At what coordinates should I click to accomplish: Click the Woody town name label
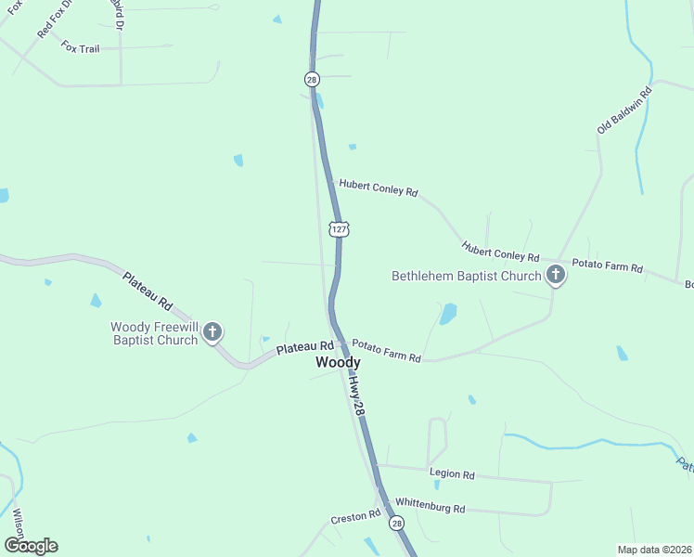[338, 363]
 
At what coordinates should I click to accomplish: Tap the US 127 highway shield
[339, 228]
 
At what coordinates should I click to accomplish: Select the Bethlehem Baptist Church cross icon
[555, 275]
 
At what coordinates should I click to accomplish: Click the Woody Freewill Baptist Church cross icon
[212, 331]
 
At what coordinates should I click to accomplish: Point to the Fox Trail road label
[80, 47]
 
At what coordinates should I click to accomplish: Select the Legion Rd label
[453, 474]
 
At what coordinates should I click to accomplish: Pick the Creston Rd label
[355, 515]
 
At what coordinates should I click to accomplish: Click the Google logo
[31, 546]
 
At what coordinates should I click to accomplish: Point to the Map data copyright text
[654, 550]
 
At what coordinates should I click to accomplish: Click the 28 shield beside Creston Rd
[397, 524]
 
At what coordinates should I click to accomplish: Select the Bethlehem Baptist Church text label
[466, 276]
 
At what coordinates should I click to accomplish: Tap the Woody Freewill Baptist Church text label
[154, 333]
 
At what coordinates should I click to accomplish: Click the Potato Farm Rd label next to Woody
[386, 351]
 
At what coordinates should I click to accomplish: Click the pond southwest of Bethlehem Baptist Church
[448, 314]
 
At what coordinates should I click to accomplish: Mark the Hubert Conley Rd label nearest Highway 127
[379, 188]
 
